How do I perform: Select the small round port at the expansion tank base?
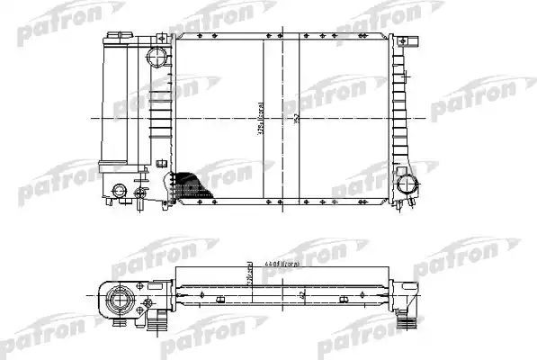click(119, 191)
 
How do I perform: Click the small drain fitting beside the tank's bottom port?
click(139, 193)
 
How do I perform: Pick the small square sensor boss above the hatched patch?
click(162, 163)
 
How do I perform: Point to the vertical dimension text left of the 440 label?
click(250, 270)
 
